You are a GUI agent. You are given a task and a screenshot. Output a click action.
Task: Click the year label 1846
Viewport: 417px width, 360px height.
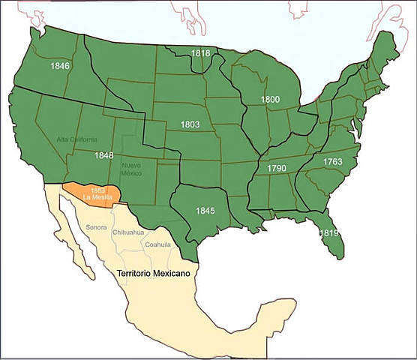(x=60, y=66)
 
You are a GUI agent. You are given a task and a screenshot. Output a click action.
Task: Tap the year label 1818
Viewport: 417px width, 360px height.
(x=200, y=54)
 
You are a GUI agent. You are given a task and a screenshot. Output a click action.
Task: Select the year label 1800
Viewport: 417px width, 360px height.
(x=271, y=99)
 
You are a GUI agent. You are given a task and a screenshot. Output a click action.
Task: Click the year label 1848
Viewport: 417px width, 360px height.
(x=104, y=155)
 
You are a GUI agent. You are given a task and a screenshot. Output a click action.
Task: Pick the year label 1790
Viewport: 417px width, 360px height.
(x=277, y=169)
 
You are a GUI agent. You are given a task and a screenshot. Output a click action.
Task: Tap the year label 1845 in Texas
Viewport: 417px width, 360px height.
(x=205, y=211)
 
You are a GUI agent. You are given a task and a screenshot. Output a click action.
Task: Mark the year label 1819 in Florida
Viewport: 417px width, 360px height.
(x=328, y=233)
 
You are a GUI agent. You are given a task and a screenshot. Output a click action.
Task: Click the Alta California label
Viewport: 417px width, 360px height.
(x=76, y=139)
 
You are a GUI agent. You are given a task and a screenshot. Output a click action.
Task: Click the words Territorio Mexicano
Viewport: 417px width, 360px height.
(x=152, y=274)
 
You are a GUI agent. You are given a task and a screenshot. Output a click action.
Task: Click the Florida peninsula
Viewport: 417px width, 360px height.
(x=324, y=229)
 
